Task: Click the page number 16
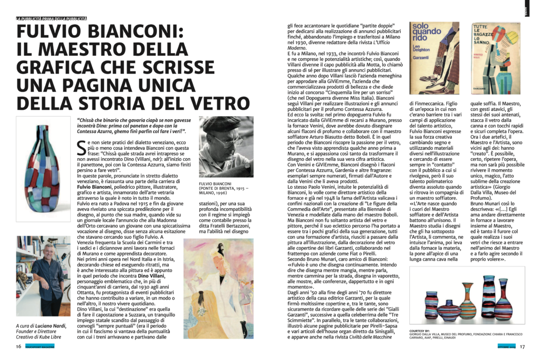tap(18, 346)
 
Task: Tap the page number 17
tap(522, 346)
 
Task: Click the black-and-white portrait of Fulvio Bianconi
tap(226, 147)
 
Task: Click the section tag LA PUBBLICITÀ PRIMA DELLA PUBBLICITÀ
tap(51, 19)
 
